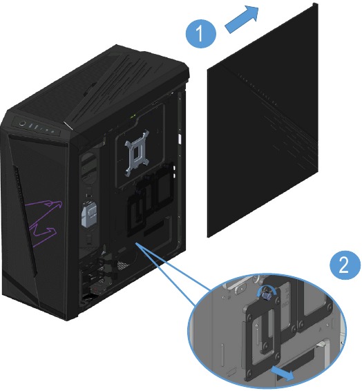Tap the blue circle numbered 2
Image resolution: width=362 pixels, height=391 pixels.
pos(345,265)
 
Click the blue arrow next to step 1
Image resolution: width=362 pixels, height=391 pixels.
pos(242,20)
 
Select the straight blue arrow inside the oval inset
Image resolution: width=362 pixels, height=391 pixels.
pos(283,372)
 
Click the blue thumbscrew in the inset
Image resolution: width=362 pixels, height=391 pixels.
pos(268,296)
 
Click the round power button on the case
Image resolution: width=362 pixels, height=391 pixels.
pos(23,123)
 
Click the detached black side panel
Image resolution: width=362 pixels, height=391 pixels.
pos(263,120)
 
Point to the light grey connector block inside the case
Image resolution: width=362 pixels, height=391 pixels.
pos(89,213)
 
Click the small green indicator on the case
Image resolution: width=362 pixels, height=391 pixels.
pos(133,115)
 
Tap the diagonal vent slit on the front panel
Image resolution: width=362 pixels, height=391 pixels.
pos(26,220)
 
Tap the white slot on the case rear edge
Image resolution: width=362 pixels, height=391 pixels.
pos(179,139)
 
